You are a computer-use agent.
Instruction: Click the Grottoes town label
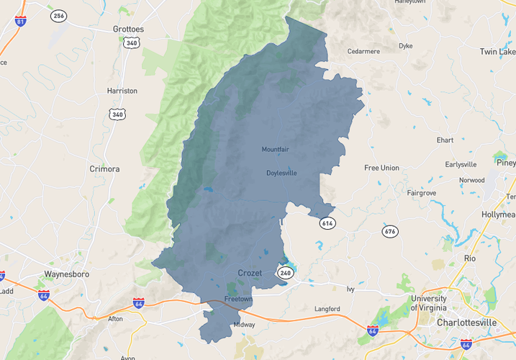pos(128,30)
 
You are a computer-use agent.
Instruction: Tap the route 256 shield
pos(58,16)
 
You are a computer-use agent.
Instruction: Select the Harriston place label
pos(122,91)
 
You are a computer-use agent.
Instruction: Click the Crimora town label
pos(104,168)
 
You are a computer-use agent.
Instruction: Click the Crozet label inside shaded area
pos(250,273)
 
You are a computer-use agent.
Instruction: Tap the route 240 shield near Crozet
pos(286,273)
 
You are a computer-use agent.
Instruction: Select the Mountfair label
pos(275,150)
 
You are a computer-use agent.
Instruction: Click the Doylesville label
pos(281,173)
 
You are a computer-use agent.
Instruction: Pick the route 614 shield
pos(327,223)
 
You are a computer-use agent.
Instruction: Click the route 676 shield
pos(390,231)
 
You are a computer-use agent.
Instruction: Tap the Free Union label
pos(381,168)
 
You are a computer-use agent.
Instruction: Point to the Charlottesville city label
pos(466,323)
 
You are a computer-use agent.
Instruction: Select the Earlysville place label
pos(461,164)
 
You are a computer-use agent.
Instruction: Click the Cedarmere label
pos(363,52)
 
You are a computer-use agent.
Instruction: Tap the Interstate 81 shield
pos(21,19)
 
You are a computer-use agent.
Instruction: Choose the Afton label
pos(115,318)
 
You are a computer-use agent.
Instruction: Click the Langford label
pos(327,309)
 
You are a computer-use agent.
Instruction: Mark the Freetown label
pos(237,298)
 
